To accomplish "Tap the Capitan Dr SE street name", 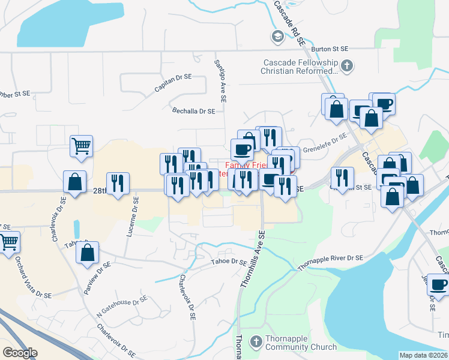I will coord(173,83).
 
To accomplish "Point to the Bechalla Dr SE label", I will coord(193,111).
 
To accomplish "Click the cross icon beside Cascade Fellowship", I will coord(346,65).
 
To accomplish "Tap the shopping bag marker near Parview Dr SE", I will coord(87,253).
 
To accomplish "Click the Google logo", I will coord(20,353).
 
